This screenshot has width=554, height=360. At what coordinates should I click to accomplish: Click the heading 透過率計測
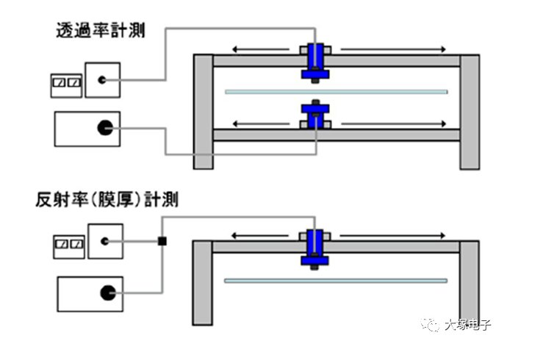click(x=100, y=31)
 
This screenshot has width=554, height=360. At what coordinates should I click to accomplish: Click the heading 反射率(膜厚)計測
click(x=107, y=198)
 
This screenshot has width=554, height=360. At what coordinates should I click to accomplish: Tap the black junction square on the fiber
click(x=162, y=240)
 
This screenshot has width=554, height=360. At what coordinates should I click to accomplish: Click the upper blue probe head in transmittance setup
click(x=315, y=61)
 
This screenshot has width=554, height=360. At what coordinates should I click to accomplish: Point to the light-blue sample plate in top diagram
click(x=336, y=92)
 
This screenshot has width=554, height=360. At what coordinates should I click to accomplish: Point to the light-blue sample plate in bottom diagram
click(x=336, y=281)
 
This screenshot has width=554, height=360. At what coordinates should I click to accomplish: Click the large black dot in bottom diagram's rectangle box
click(x=107, y=293)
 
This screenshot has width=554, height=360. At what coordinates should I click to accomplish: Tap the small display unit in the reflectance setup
click(x=67, y=246)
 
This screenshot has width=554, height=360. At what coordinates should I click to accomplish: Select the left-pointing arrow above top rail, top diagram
click(x=264, y=49)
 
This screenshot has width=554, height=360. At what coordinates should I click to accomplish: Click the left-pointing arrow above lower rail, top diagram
click(x=264, y=123)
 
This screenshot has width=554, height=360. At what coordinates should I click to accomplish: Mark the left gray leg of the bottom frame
click(x=202, y=283)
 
